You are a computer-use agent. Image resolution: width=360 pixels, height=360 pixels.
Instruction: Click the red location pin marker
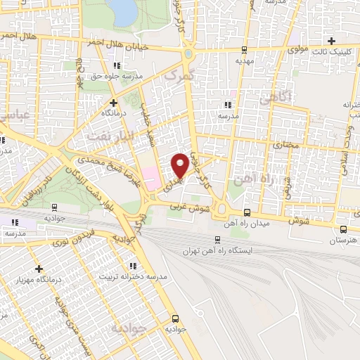(x=180, y=165)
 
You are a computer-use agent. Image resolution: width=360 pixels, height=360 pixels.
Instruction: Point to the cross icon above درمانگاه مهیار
(x=39, y=269)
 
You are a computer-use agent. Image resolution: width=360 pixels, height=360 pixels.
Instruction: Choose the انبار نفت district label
(x=105, y=134)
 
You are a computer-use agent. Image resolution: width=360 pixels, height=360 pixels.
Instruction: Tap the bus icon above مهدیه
(x=244, y=50)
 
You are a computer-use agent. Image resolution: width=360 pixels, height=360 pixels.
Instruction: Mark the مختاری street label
(x=285, y=145)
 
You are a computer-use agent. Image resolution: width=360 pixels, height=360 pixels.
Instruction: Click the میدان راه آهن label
(x=247, y=224)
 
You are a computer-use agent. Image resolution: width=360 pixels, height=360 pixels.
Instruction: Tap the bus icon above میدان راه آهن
(x=247, y=212)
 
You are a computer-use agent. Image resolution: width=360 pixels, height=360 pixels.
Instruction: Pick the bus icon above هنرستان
(x=343, y=229)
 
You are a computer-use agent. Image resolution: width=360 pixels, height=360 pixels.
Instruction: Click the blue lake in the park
(x=125, y=10)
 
